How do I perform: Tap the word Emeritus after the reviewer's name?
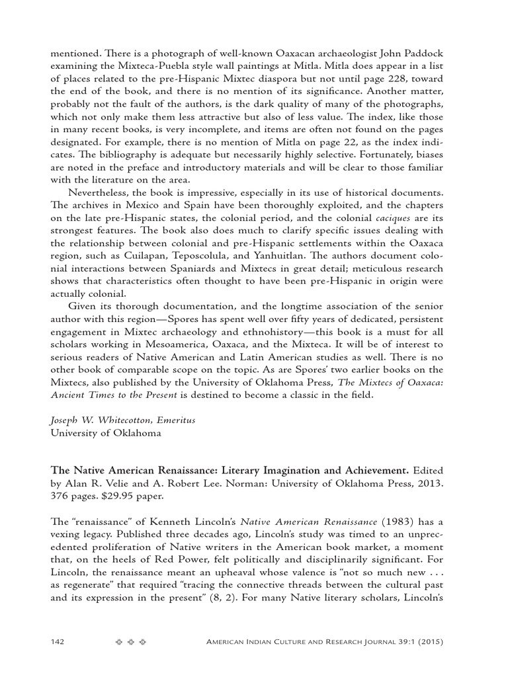173,420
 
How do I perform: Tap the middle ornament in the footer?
130,642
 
